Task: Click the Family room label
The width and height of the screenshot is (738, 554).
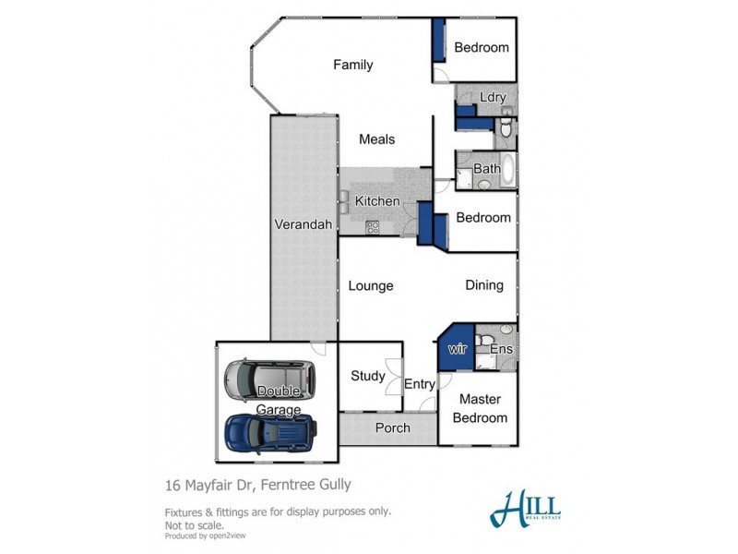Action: pyautogui.click(x=352, y=65)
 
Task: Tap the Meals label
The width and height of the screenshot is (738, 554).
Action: pyautogui.click(x=376, y=139)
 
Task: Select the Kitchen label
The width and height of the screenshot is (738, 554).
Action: pyautogui.click(x=377, y=201)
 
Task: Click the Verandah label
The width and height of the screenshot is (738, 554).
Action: pyautogui.click(x=303, y=224)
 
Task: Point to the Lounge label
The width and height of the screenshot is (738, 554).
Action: pyautogui.click(x=371, y=285)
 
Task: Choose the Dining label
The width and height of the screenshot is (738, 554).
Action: pyautogui.click(x=483, y=285)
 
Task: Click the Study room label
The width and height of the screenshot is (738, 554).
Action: pyautogui.click(x=368, y=376)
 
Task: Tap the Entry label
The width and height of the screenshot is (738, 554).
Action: pyautogui.click(x=420, y=384)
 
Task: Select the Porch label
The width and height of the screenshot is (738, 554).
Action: pyautogui.click(x=392, y=428)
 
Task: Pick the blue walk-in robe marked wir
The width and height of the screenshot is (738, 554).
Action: pyautogui.click(x=457, y=348)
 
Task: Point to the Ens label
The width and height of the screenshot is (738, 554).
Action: pyautogui.click(x=501, y=349)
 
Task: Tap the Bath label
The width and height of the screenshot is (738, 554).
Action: pyautogui.click(x=486, y=169)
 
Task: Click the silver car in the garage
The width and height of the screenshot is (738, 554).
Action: pyautogui.click(x=268, y=378)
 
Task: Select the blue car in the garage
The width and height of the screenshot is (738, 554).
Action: pyautogui.click(x=270, y=430)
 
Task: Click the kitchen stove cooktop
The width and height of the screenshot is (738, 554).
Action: pyautogui.click(x=373, y=226)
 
